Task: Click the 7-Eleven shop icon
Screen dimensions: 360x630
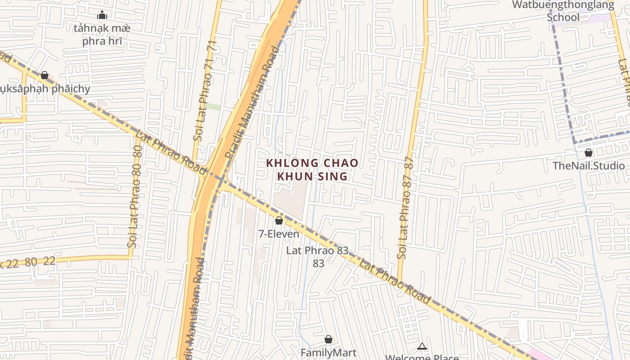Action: click(279, 220)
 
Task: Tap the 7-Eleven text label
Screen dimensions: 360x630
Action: click(279, 234)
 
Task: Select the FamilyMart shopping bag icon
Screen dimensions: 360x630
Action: click(328, 339)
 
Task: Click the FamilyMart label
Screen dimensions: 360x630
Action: click(328, 352)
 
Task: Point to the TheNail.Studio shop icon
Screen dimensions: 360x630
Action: click(588, 153)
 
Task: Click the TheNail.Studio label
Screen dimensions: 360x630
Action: click(589, 166)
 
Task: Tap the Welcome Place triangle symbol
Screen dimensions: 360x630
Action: click(422, 346)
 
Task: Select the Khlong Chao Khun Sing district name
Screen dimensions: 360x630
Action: click(312, 169)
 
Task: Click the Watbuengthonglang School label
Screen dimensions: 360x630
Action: click(563, 11)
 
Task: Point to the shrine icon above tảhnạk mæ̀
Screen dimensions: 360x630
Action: click(102, 15)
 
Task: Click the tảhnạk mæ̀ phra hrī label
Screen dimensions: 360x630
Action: click(102, 35)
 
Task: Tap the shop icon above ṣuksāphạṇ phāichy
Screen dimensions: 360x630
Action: click(45, 75)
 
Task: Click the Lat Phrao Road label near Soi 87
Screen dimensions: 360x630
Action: click(394, 281)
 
